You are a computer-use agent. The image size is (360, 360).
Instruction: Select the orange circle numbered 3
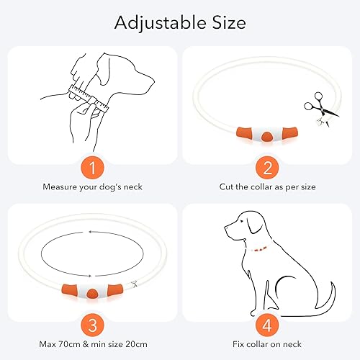click(x=89, y=324)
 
